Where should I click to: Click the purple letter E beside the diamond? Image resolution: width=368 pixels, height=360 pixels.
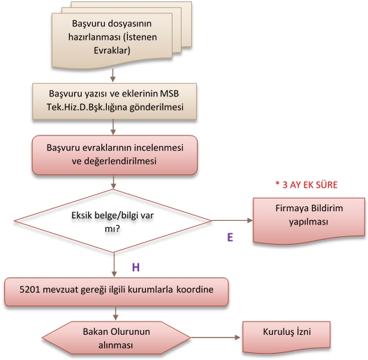click(230, 238)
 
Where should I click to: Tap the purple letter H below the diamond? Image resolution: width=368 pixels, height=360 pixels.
click(136, 268)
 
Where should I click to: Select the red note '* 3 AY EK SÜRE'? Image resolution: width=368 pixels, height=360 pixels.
click(307, 185)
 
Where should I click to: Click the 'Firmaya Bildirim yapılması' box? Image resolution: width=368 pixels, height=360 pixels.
click(309, 221)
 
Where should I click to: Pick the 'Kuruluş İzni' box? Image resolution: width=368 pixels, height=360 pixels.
click(286, 337)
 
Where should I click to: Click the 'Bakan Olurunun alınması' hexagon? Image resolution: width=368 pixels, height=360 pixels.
click(117, 338)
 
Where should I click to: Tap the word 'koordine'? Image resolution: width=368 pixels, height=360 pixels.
click(195, 289)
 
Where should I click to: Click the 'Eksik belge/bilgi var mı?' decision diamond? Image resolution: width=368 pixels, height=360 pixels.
click(113, 221)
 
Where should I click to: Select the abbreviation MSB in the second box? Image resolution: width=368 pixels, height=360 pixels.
click(169, 94)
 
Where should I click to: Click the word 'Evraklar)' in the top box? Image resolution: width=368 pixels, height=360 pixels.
click(112, 50)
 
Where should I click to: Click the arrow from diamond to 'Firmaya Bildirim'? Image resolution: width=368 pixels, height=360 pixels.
click(232, 220)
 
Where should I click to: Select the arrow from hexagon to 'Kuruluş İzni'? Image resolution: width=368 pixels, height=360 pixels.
click(216, 338)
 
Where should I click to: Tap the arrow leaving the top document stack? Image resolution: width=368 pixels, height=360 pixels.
click(113, 75)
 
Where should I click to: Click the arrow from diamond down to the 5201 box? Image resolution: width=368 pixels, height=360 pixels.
click(114, 265)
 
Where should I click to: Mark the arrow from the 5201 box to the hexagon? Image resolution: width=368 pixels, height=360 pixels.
click(115, 313)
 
